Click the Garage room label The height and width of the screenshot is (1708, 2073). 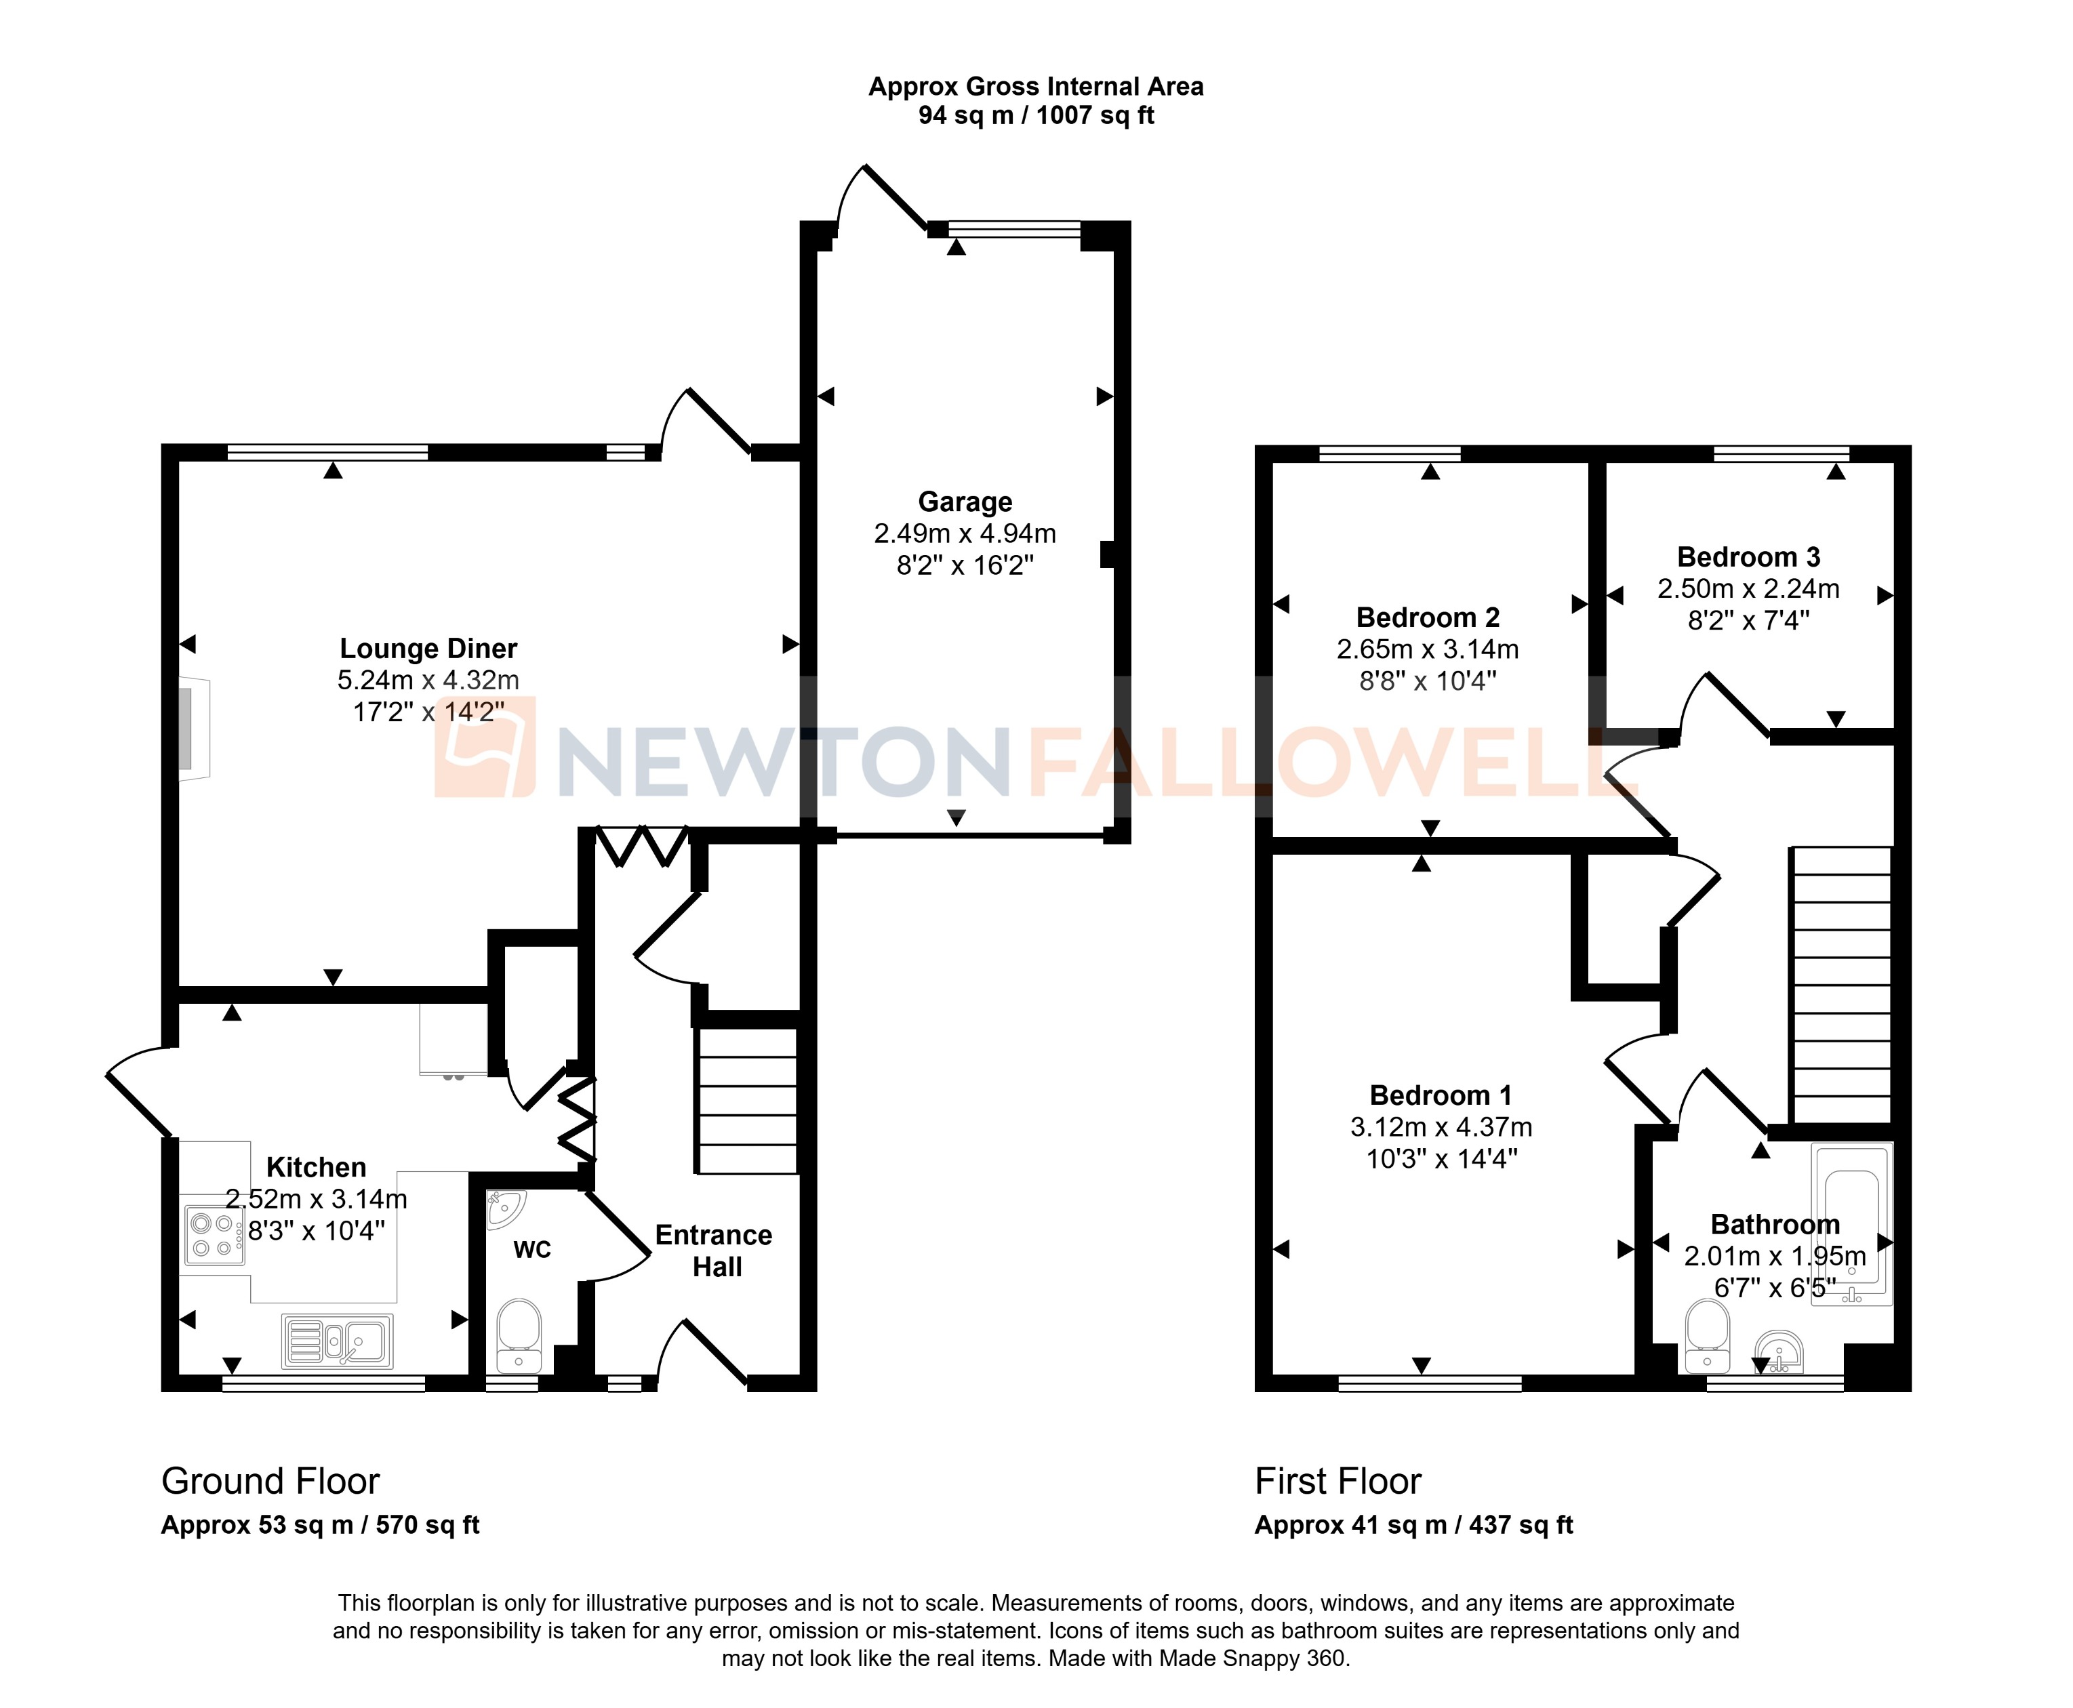[964, 502]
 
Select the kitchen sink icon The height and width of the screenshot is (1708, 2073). [338, 1340]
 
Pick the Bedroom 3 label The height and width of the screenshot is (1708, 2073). [1748, 557]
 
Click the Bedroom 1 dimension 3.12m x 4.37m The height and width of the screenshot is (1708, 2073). [1441, 1126]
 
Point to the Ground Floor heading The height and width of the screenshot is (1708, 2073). [270, 1481]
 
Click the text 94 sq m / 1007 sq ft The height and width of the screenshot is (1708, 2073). [1036, 115]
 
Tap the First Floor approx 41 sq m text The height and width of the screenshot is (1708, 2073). [1413, 1525]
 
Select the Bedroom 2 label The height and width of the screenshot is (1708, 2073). [1428, 618]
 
